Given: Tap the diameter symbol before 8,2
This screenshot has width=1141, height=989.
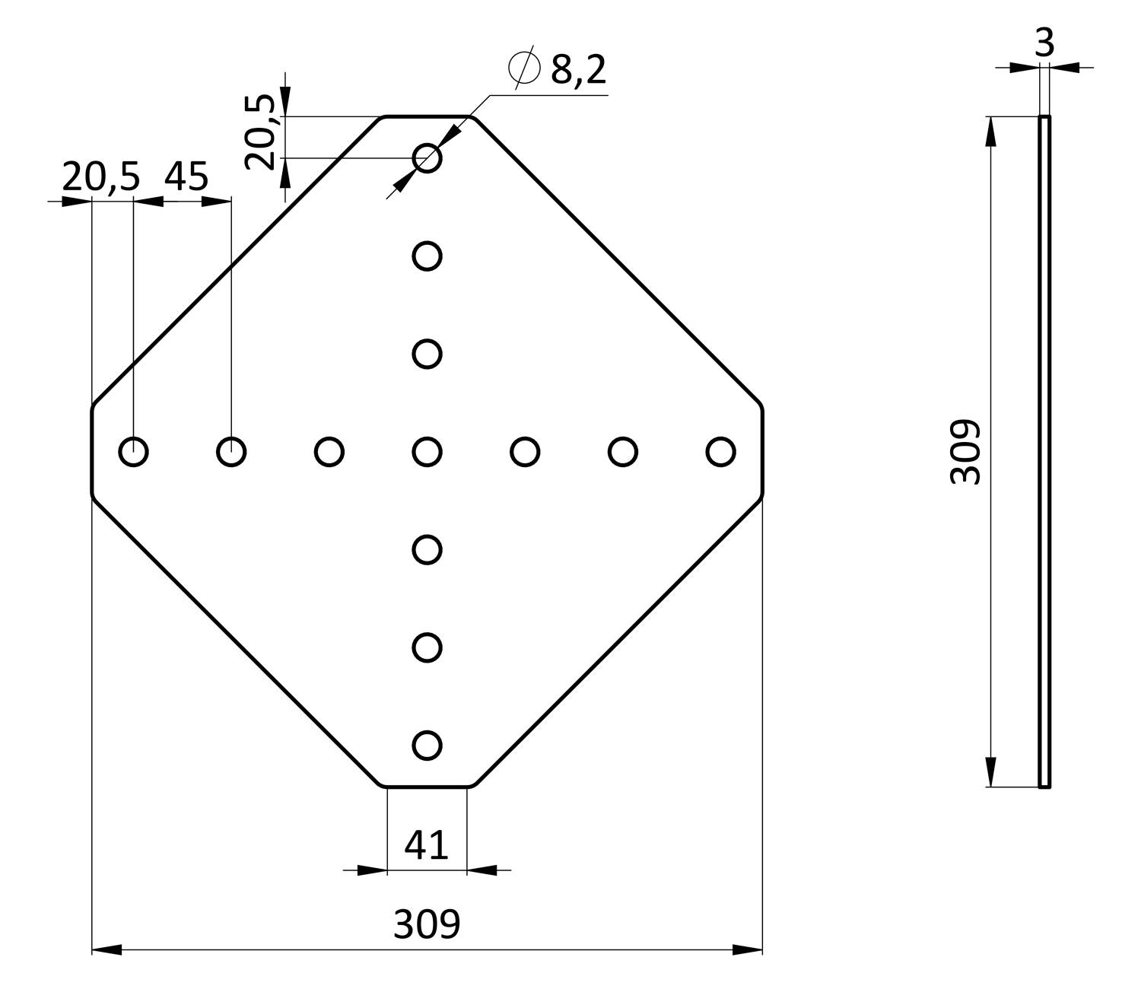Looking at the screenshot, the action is click(x=524, y=68).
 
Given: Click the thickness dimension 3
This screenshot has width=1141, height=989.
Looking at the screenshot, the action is click(x=1044, y=43).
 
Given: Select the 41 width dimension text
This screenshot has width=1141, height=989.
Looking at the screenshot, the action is click(x=426, y=845).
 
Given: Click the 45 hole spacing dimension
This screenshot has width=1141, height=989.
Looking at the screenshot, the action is click(x=186, y=176).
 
